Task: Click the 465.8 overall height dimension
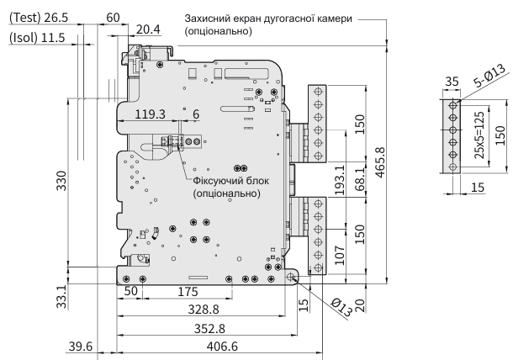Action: (380, 162)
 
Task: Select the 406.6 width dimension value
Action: (222, 347)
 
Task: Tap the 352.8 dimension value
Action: (209, 328)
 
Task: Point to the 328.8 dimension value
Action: (204, 310)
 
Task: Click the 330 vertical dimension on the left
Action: (61, 180)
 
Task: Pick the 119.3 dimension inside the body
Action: (151, 114)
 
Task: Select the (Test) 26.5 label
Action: (39, 18)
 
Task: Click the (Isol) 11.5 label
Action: (37, 38)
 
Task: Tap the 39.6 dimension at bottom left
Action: (81, 347)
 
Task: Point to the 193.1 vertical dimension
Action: (340, 180)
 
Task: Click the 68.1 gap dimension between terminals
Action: (360, 179)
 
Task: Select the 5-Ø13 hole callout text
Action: (489, 76)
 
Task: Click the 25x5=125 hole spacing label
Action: (479, 135)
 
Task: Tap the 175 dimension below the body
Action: (188, 291)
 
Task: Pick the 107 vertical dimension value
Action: (340, 255)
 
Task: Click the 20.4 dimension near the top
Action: (148, 29)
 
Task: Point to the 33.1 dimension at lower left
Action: (61, 296)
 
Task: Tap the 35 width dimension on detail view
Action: (452, 82)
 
